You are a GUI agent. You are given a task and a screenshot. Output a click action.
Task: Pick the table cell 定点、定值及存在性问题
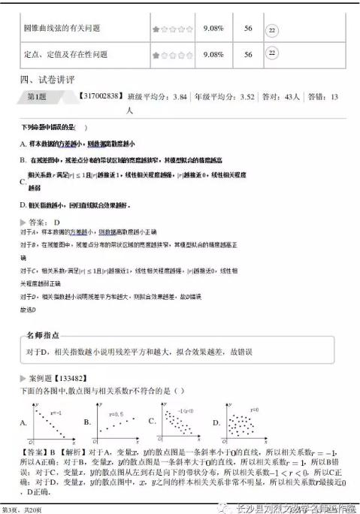(x=65, y=54)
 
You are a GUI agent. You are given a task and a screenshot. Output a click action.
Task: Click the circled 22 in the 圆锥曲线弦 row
(x=273, y=29)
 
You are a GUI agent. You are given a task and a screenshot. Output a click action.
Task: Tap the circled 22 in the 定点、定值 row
(x=273, y=54)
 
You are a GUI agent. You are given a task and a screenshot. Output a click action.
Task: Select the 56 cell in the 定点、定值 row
(x=248, y=54)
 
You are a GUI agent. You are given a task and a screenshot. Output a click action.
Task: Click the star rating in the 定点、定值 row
(x=168, y=55)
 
